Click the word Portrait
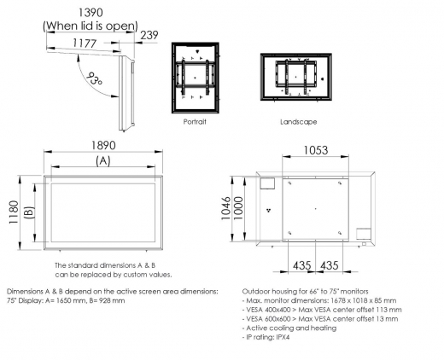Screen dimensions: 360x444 (196, 122)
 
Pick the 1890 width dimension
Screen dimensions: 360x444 (102, 145)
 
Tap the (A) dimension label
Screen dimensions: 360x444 (102, 160)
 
